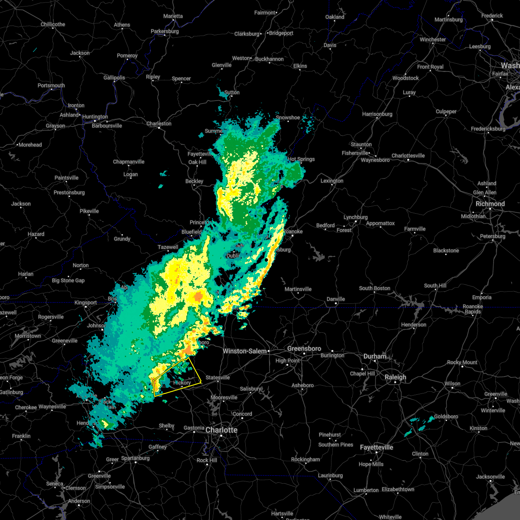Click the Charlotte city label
tap(221, 430)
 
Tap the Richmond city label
tap(490, 204)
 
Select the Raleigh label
tap(396, 377)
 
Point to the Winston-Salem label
tap(244, 351)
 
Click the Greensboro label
tap(304, 348)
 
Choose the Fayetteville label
tap(377, 447)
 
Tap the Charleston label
tap(159, 123)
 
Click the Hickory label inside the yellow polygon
tap(182, 383)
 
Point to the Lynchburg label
tap(355, 217)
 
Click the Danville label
tap(335, 299)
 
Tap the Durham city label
tap(375, 356)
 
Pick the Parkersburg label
tap(165, 31)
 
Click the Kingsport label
tap(85, 302)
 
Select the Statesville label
tap(218, 377)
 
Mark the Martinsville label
tap(298, 289)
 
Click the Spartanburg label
tap(135, 458)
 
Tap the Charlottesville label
tap(408, 156)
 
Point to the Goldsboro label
tap(445, 416)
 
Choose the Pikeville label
tap(89, 211)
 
